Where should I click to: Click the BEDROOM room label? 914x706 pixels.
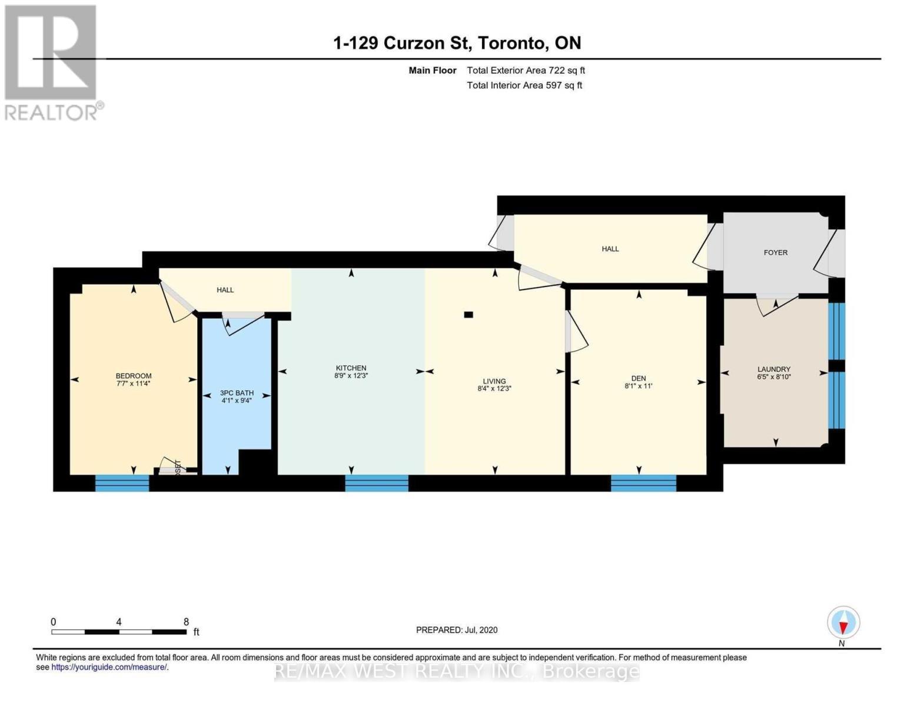[134, 376]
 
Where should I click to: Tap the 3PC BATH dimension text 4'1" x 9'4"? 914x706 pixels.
[237, 401]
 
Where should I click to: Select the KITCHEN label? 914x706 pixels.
[351, 368]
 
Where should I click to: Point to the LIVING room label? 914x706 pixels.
[494, 381]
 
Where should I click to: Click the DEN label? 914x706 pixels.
[639, 378]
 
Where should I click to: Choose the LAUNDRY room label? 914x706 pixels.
[774, 369]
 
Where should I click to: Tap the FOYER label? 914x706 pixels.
[775, 252]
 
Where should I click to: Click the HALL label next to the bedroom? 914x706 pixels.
[225, 289]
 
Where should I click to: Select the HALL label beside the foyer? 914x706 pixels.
[610, 249]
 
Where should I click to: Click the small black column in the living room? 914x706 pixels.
[468, 315]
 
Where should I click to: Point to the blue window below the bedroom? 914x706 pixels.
[122, 483]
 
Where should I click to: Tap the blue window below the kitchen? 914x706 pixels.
[377, 483]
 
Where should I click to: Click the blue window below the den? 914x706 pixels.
[643, 483]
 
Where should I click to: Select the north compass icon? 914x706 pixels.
[843, 622]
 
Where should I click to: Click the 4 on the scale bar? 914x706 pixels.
[119, 622]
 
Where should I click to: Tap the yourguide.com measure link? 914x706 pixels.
[109, 667]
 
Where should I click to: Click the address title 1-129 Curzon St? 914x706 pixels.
[457, 43]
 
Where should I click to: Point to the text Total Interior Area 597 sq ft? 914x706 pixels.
[524, 85]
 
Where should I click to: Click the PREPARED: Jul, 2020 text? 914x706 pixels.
[457, 630]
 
